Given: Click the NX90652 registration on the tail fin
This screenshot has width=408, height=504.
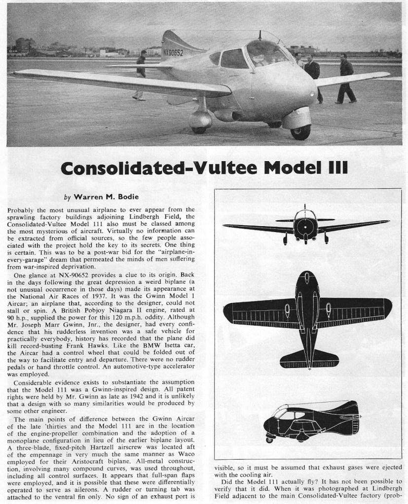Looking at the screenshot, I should (173, 52).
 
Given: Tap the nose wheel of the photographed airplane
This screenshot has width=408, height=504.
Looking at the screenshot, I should (300, 131).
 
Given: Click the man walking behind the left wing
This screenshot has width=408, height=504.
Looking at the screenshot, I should (141, 74).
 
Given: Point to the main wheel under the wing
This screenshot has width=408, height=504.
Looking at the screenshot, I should (199, 129).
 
